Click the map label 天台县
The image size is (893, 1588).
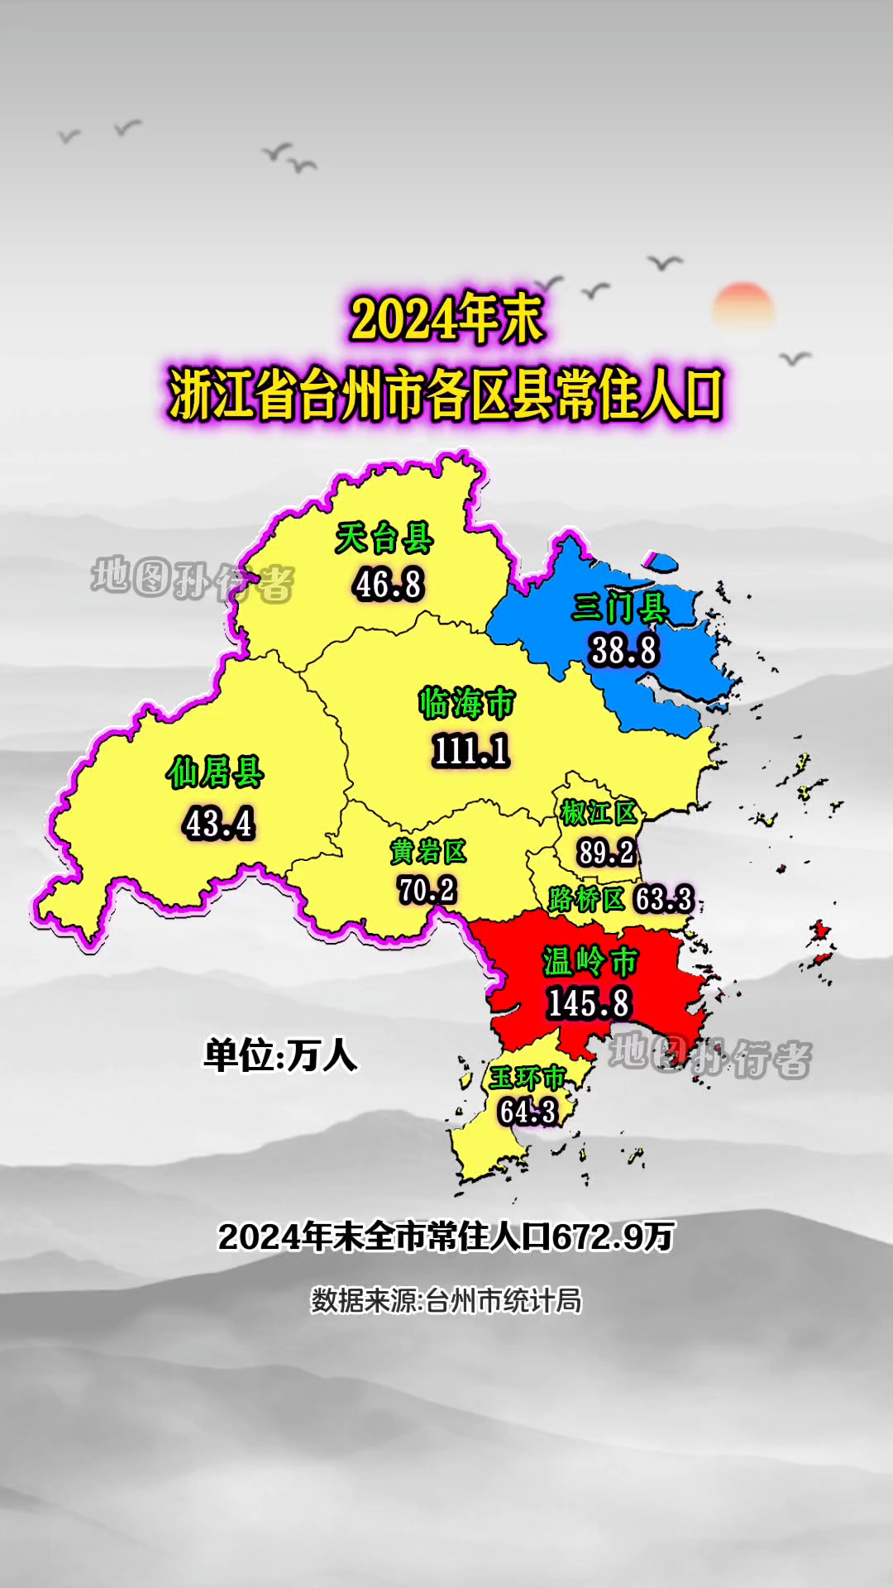[x=384, y=539]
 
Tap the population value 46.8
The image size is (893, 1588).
[x=389, y=584]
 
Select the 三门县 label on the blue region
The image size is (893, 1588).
[x=620, y=609]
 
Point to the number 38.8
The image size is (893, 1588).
[x=624, y=650]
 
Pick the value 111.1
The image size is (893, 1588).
[x=470, y=751]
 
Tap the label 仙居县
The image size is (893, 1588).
[x=215, y=773]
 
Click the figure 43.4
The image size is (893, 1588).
[x=220, y=824]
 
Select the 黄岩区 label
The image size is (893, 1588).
[x=428, y=851]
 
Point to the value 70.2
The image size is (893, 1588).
[x=427, y=890]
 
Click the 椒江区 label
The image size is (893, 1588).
[x=599, y=813]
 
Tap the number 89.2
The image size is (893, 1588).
[x=606, y=852]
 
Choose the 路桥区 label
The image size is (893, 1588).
[x=586, y=899]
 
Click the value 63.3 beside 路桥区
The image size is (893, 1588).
[x=663, y=899]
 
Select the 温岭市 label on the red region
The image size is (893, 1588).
[x=590, y=962]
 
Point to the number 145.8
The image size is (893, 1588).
[x=589, y=1003]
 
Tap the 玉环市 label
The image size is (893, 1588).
[x=527, y=1078]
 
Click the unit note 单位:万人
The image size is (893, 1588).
[x=280, y=1056]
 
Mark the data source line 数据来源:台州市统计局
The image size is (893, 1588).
[x=446, y=1301]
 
